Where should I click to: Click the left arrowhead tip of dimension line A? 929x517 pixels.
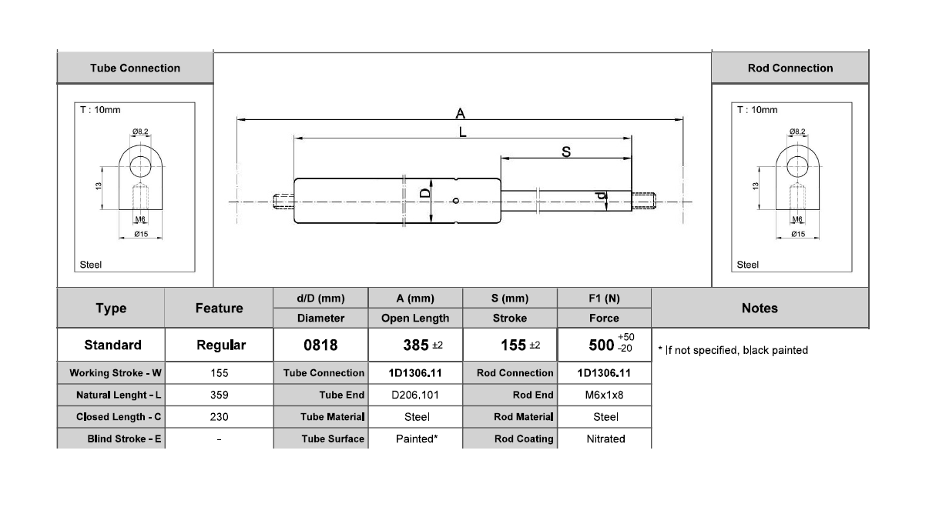pos(237,120)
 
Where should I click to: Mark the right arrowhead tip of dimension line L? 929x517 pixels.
pos(631,138)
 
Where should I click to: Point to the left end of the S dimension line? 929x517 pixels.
pos(501,158)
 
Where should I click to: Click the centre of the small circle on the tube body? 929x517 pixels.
pos(456,201)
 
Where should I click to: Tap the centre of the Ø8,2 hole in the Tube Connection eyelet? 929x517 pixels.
pos(140,166)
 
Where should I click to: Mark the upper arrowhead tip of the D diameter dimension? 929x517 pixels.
pos(431,179)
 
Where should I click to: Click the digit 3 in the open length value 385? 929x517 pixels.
pos(407,345)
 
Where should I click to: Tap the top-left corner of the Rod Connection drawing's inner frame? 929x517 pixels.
pos(732,103)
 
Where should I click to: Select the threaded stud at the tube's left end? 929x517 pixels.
pos(283,202)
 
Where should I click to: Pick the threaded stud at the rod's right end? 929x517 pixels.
pos(643,202)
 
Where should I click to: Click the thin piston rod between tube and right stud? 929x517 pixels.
pos(566,201)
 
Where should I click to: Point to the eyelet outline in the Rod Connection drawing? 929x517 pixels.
pos(797,177)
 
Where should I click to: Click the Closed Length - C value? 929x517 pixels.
pos(219,417)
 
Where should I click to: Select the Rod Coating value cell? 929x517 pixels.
pos(605,439)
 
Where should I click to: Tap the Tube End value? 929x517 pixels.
pos(415,395)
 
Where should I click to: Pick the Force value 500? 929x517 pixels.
pos(601,345)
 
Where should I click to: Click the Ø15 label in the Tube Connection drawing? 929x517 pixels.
pos(141,234)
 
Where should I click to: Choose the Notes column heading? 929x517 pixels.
pos(760,309)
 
